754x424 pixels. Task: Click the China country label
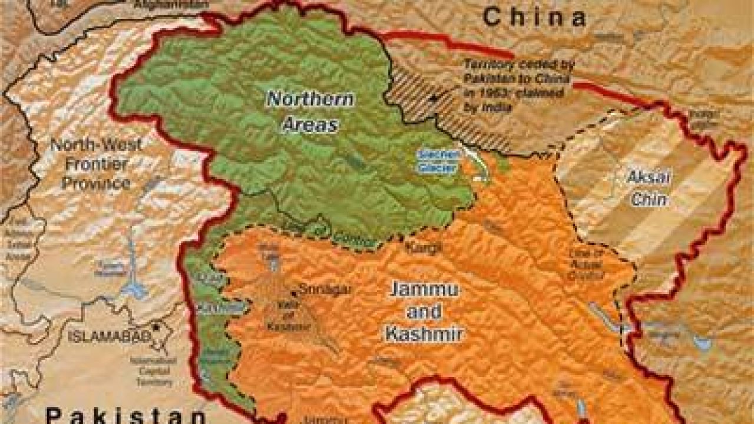[x=534, y=17]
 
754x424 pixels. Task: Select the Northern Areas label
[x=310, y=111]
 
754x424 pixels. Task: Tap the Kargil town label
[x=423, y=248]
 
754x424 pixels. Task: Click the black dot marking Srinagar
[x=294, y=293]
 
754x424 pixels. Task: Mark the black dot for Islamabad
[x=156, y=327]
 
